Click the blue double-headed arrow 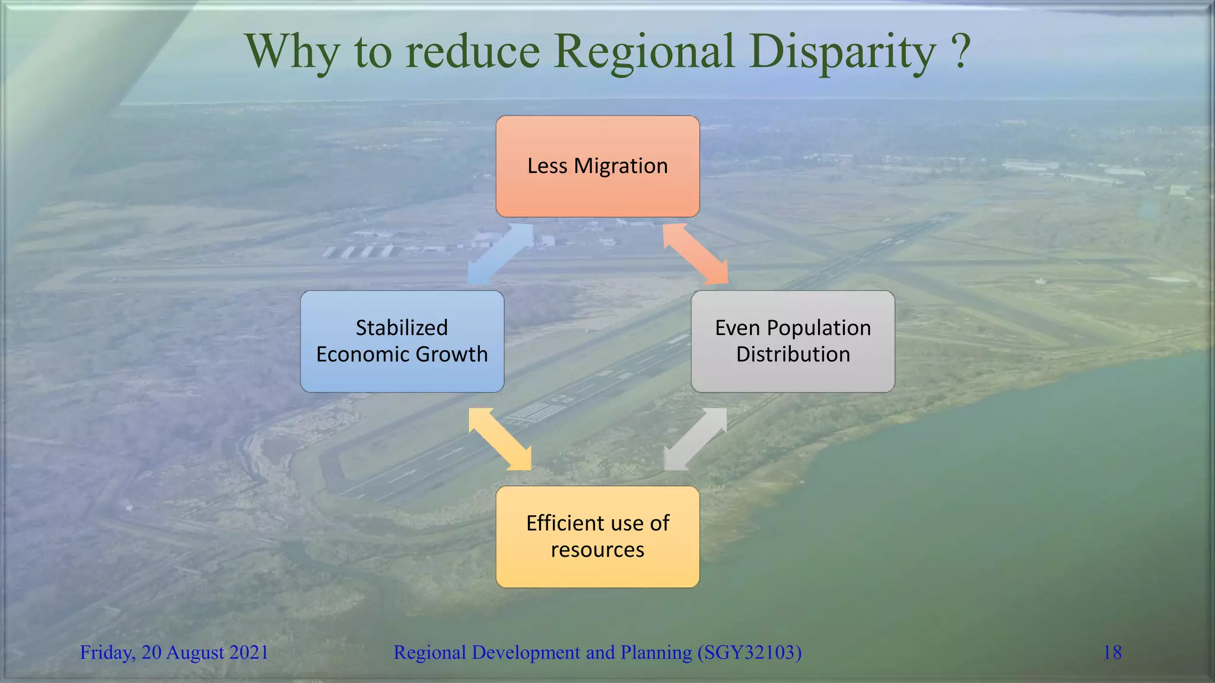(500, 254)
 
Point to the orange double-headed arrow (695, 254)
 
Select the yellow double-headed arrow (500, 439)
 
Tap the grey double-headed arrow (695, 439)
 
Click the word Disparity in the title (842, 52)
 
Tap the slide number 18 (1112, 652)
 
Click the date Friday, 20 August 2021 (174, 652)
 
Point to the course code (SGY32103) (749, 652)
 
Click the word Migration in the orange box (621, 167)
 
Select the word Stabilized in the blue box (402, 328)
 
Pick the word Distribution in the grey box (793, 355)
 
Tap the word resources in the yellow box (597, 550)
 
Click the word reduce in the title (472, 52)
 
